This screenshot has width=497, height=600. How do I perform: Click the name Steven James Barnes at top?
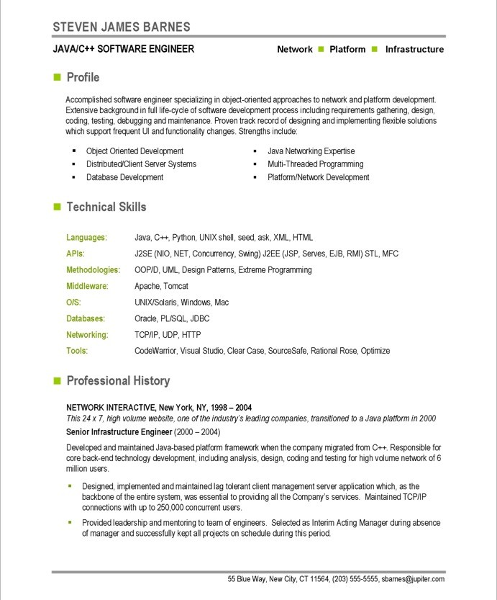click(x=122, y=27)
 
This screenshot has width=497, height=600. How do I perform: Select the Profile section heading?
click(x=83, y=77)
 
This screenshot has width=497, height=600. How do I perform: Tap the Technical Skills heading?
click(x=106, y=207)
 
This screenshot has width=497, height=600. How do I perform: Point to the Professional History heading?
click(x=118, y=380)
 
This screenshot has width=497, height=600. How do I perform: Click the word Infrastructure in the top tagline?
click(x=414, y=50)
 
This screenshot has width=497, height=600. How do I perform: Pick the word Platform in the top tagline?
click(x=347, y=50)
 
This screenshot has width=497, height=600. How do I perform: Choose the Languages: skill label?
click(x=86, y=237)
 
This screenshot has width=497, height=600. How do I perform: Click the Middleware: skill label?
click(x=87, y=286)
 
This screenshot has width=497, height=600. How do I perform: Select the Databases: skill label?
click(x=86, y=318)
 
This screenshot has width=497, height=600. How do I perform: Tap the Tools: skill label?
click(x=77, y=351)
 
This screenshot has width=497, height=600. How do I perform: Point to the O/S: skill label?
click(x=73, y=303)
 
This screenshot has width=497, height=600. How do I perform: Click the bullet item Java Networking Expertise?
click(x=311, y=151)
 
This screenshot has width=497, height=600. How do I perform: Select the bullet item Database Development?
click(x=124, y=177)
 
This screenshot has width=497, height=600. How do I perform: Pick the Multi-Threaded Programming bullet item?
click(x=315, y=164)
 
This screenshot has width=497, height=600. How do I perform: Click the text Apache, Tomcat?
click(x=163, y=286)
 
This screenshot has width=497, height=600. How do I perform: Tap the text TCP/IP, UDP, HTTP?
click(x=168, y=335)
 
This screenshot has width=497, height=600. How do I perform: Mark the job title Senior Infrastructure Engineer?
click(x=119, y=431)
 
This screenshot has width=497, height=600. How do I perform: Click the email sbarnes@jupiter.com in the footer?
click(x=413, y=579)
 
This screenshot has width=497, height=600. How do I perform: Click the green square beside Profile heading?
click(x=57, y=77)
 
